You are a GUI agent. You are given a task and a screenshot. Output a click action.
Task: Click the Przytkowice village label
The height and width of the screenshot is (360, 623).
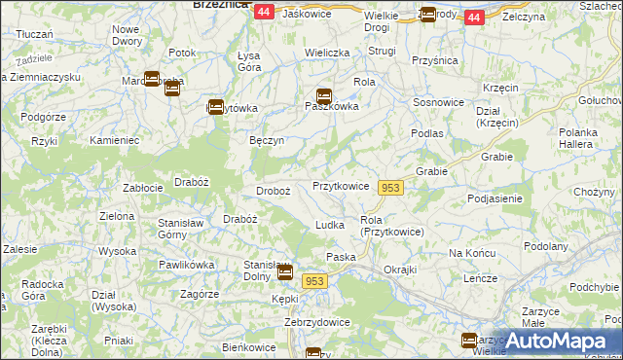(x=340, y=186)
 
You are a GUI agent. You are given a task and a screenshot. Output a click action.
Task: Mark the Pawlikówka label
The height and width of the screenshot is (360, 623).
(x=186, y=264)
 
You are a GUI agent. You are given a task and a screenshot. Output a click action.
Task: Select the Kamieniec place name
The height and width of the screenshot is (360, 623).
(x=116, y=141)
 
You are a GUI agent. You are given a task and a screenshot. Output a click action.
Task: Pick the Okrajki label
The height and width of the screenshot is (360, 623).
(x=400, y=269)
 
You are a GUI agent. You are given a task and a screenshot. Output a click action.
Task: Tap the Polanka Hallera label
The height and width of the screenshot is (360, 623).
(x=583, y=138)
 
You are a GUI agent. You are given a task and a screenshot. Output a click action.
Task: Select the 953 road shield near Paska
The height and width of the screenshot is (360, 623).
(x=313, y=280)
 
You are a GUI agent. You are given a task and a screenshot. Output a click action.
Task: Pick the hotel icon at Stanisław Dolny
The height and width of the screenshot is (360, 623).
(x=284, y=271)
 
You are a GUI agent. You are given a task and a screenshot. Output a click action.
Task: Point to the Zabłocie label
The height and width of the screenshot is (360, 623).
(x=142, y=188)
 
